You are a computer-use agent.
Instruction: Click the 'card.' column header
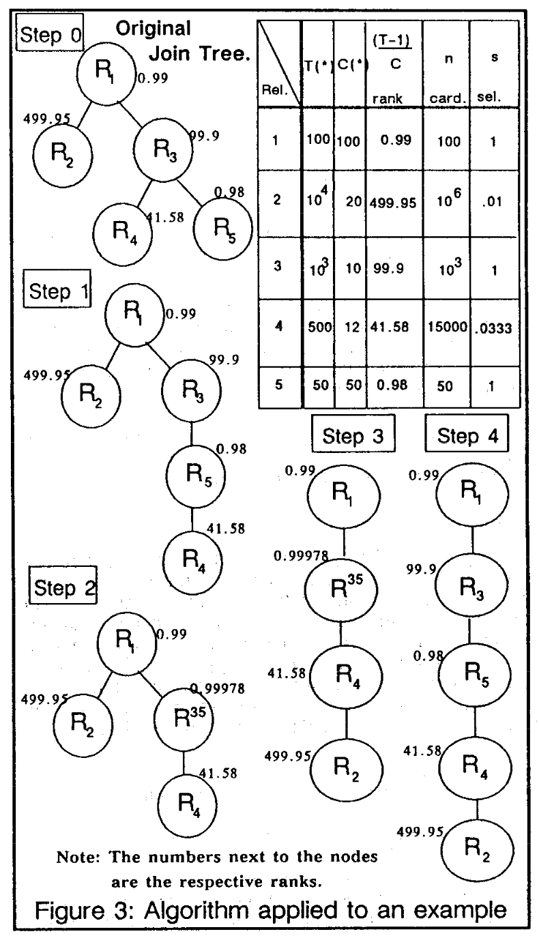[x=446, y=98]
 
